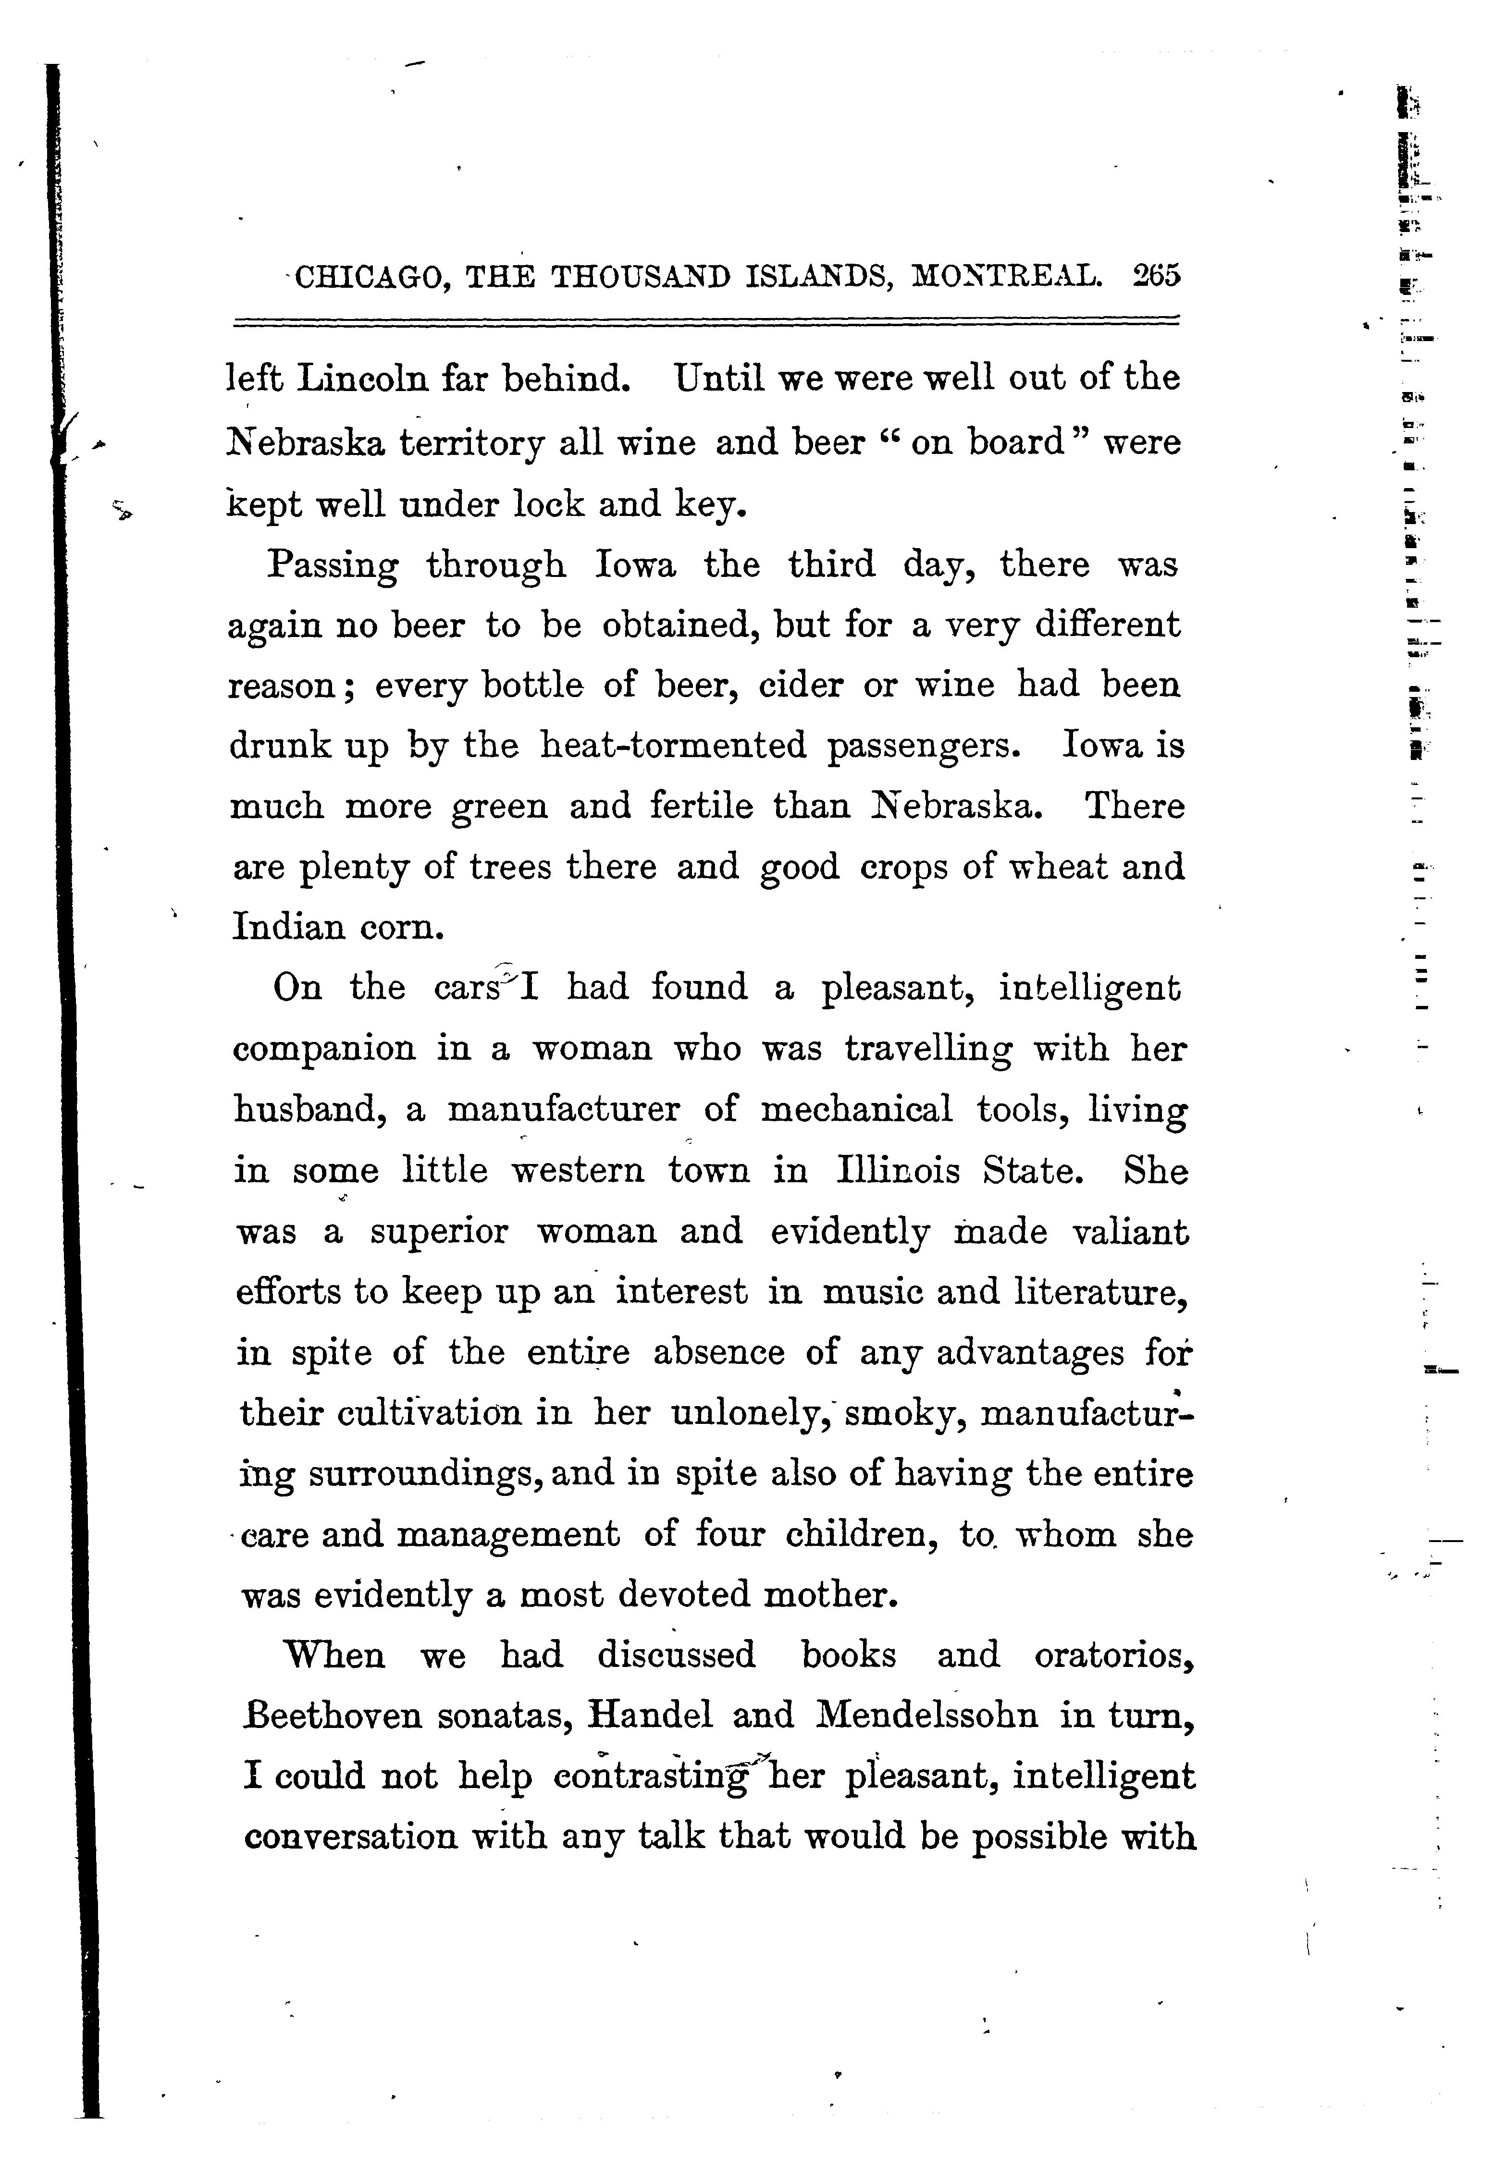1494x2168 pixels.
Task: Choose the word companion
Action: pos(324,1049)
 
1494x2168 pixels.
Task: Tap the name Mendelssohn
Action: pos(927,1717)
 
